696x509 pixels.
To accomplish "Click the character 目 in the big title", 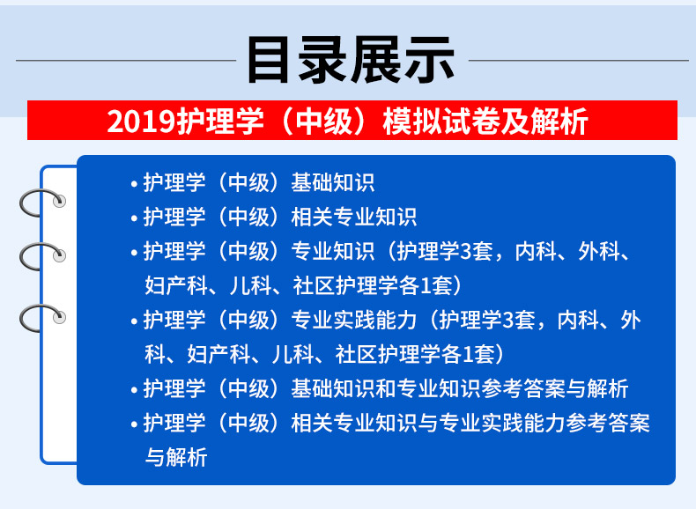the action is pyautogui.click(x=268, y=60).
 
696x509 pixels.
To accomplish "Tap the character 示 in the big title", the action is pyautogui.click(x=430, y=60).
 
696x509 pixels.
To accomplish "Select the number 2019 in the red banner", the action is pyautogui.click(x=141, y=122).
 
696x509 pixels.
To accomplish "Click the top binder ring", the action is pyautogui.click(x=41, y=202).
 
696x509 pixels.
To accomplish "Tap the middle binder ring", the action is pyautogui.click(x=41, y=256).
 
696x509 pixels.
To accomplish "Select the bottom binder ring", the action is pyautogui.click(x=41, y=318).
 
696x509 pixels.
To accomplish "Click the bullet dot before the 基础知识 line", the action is pyautogui.click(x=135, y=184).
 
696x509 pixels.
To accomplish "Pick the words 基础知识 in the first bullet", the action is pyautogui.click(x=333, y=182).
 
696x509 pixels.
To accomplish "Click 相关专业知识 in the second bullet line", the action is pyautogui.click(x=354, y=217).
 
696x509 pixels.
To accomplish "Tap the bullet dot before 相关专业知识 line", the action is pyautogui.click(x=135, y=218).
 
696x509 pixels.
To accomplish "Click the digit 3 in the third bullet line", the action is pyautogui.click(x=466, y=252).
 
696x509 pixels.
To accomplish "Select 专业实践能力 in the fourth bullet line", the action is pyautogui.click(x=354, y=320).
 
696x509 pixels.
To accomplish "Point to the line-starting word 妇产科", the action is pyautogui.click(x=176, y=286).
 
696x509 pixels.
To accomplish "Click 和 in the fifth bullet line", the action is pyautogui.click(x=385, y=388).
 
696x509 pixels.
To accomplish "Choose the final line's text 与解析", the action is pyautogui.click(x=176, y=457).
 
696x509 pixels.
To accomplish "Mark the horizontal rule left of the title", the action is pyautogui.click(x=126, y=60).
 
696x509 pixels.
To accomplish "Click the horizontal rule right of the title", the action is pyautogui.click(x=579, y=60).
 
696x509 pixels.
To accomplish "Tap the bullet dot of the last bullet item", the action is pyautogui.click(x=135, y=424).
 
